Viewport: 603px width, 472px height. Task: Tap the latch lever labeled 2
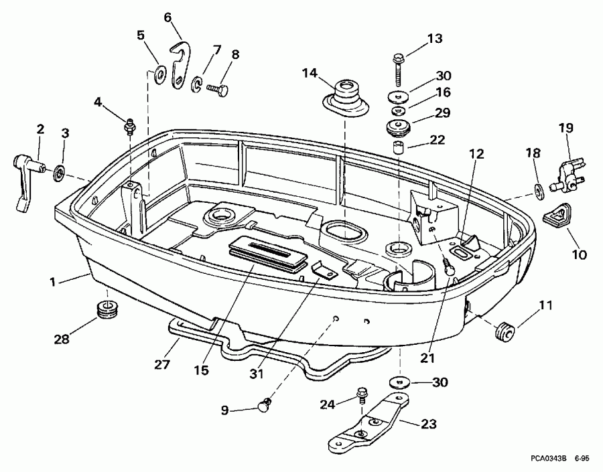click(25, 178)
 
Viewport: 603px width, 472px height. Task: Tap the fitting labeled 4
click(130, 125)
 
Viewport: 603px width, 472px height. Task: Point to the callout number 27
click(161, 365)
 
